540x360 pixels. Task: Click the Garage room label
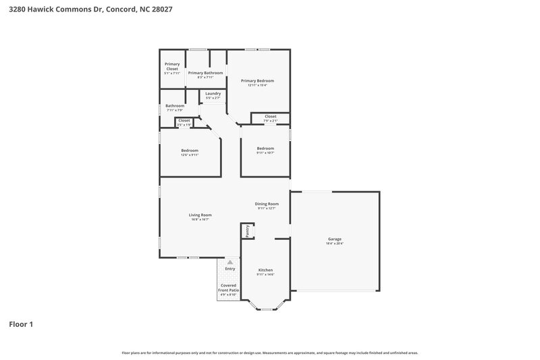tap(334, 239)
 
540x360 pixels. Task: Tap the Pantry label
tap(248, 231)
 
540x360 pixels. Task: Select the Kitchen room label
tap(265, 270)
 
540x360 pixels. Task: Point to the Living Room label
tap(200, 215)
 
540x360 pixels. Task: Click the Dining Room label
tap(267, 204)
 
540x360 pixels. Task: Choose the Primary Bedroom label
tap(257, 80)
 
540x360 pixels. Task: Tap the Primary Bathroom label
tap(205, 73)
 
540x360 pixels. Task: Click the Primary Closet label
tap(171, 66)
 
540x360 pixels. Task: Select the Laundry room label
tap(213, 93)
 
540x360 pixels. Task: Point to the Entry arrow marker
tap(230, 261)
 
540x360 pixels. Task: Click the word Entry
tap(230, 269)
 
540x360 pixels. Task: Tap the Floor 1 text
tap(21, 324)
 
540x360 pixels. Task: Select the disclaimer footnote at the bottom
tap(270, 353)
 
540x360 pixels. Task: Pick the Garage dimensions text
tap(334, 243)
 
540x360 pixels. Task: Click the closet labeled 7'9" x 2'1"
tap(270, 119)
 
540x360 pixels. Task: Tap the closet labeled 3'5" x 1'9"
tap(184, 122)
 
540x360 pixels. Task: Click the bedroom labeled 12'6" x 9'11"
tap(190, 153)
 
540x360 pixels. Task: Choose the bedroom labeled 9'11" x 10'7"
tap(265, 151)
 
